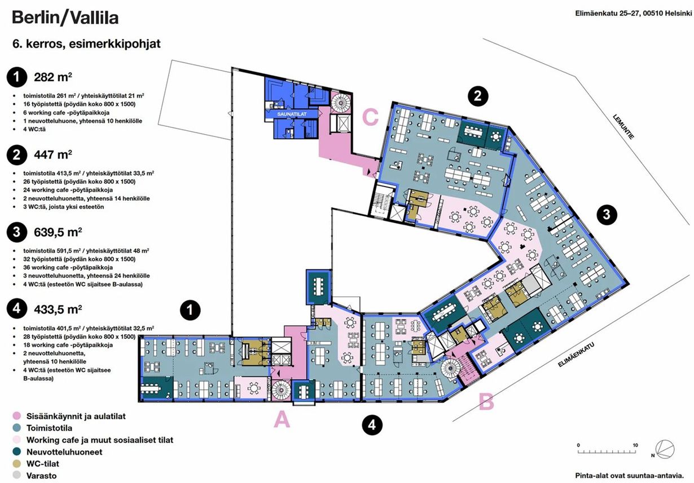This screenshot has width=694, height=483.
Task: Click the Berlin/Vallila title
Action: pos(65,17)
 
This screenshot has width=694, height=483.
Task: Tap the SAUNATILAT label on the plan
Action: pos(292,114)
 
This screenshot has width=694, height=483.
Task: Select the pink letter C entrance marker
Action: pos(370,117)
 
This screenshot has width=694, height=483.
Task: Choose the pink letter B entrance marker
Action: pos(486,402)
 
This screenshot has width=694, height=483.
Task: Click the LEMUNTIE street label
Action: pos(623,127)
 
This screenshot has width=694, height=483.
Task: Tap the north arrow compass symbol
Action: pos(664,450)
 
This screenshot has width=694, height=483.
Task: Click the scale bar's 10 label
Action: pos(635,445)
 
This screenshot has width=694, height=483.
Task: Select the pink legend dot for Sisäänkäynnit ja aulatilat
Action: pos(17,416)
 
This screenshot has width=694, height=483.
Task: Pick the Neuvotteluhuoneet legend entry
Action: pos(64,452)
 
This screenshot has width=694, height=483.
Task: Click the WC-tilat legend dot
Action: pos(17,463)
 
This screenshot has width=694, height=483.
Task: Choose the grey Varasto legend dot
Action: pos(17,475)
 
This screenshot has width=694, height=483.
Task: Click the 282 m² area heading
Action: pos(53,77)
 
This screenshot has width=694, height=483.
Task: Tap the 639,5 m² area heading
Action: pos(58,232)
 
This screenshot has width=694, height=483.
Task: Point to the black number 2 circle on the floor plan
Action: pos(478,96)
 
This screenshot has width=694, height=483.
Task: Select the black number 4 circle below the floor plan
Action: pos(372,425)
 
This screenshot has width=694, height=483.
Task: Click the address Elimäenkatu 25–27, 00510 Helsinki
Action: pos(633,14)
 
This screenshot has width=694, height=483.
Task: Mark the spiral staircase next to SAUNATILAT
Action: pos(341,103)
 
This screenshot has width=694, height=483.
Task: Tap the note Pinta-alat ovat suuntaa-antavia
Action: pos(629,476)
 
